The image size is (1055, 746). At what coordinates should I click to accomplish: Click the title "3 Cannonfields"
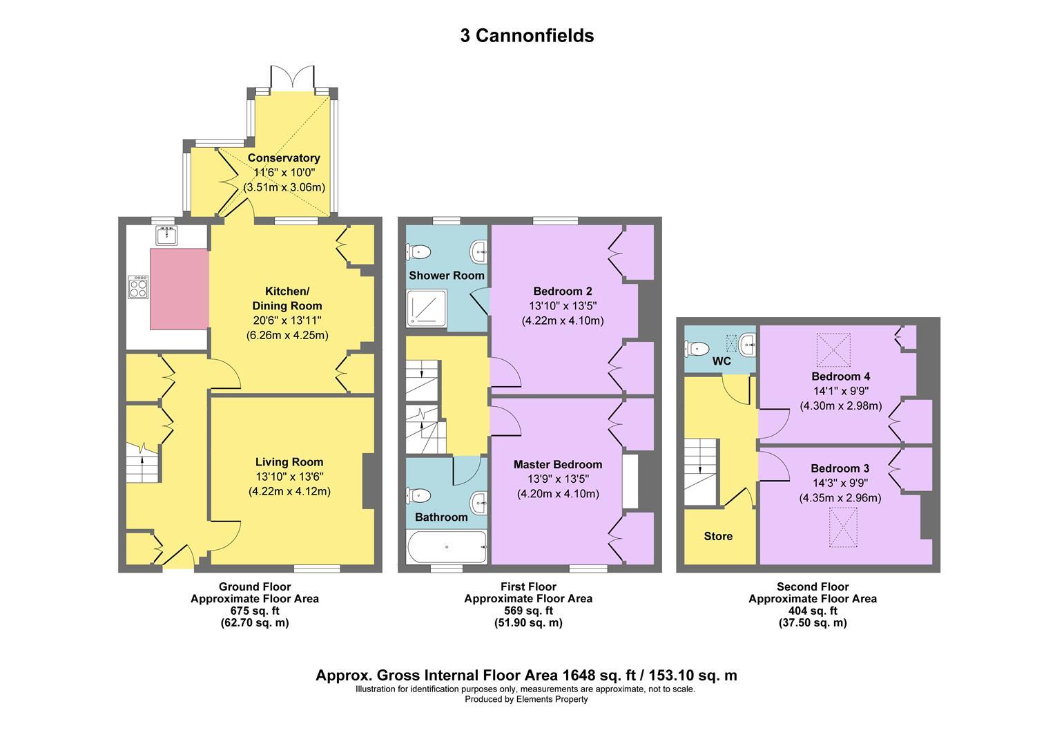(527, 36)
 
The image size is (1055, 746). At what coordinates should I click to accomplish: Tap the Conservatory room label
(284, 158)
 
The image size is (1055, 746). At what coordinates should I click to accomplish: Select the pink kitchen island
(180, 289)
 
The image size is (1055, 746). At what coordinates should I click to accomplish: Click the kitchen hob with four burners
(138, 287)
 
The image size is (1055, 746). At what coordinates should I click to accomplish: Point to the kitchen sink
(167, 236)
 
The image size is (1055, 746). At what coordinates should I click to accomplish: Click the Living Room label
(289, 462)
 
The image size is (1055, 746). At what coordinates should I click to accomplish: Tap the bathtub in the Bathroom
(447, 547)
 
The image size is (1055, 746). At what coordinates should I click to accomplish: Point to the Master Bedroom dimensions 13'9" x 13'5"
(558, 479)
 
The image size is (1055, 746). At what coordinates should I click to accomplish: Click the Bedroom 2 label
(563, 291)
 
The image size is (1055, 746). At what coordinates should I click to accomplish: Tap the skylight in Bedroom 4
(833, 350)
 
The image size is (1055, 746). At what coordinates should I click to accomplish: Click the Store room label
(718, 536)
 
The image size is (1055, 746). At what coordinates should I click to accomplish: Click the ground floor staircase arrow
(143, 460)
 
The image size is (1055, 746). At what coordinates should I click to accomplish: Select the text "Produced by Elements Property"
(526, 699)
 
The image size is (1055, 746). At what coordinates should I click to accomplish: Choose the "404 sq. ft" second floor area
(813, 611)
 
